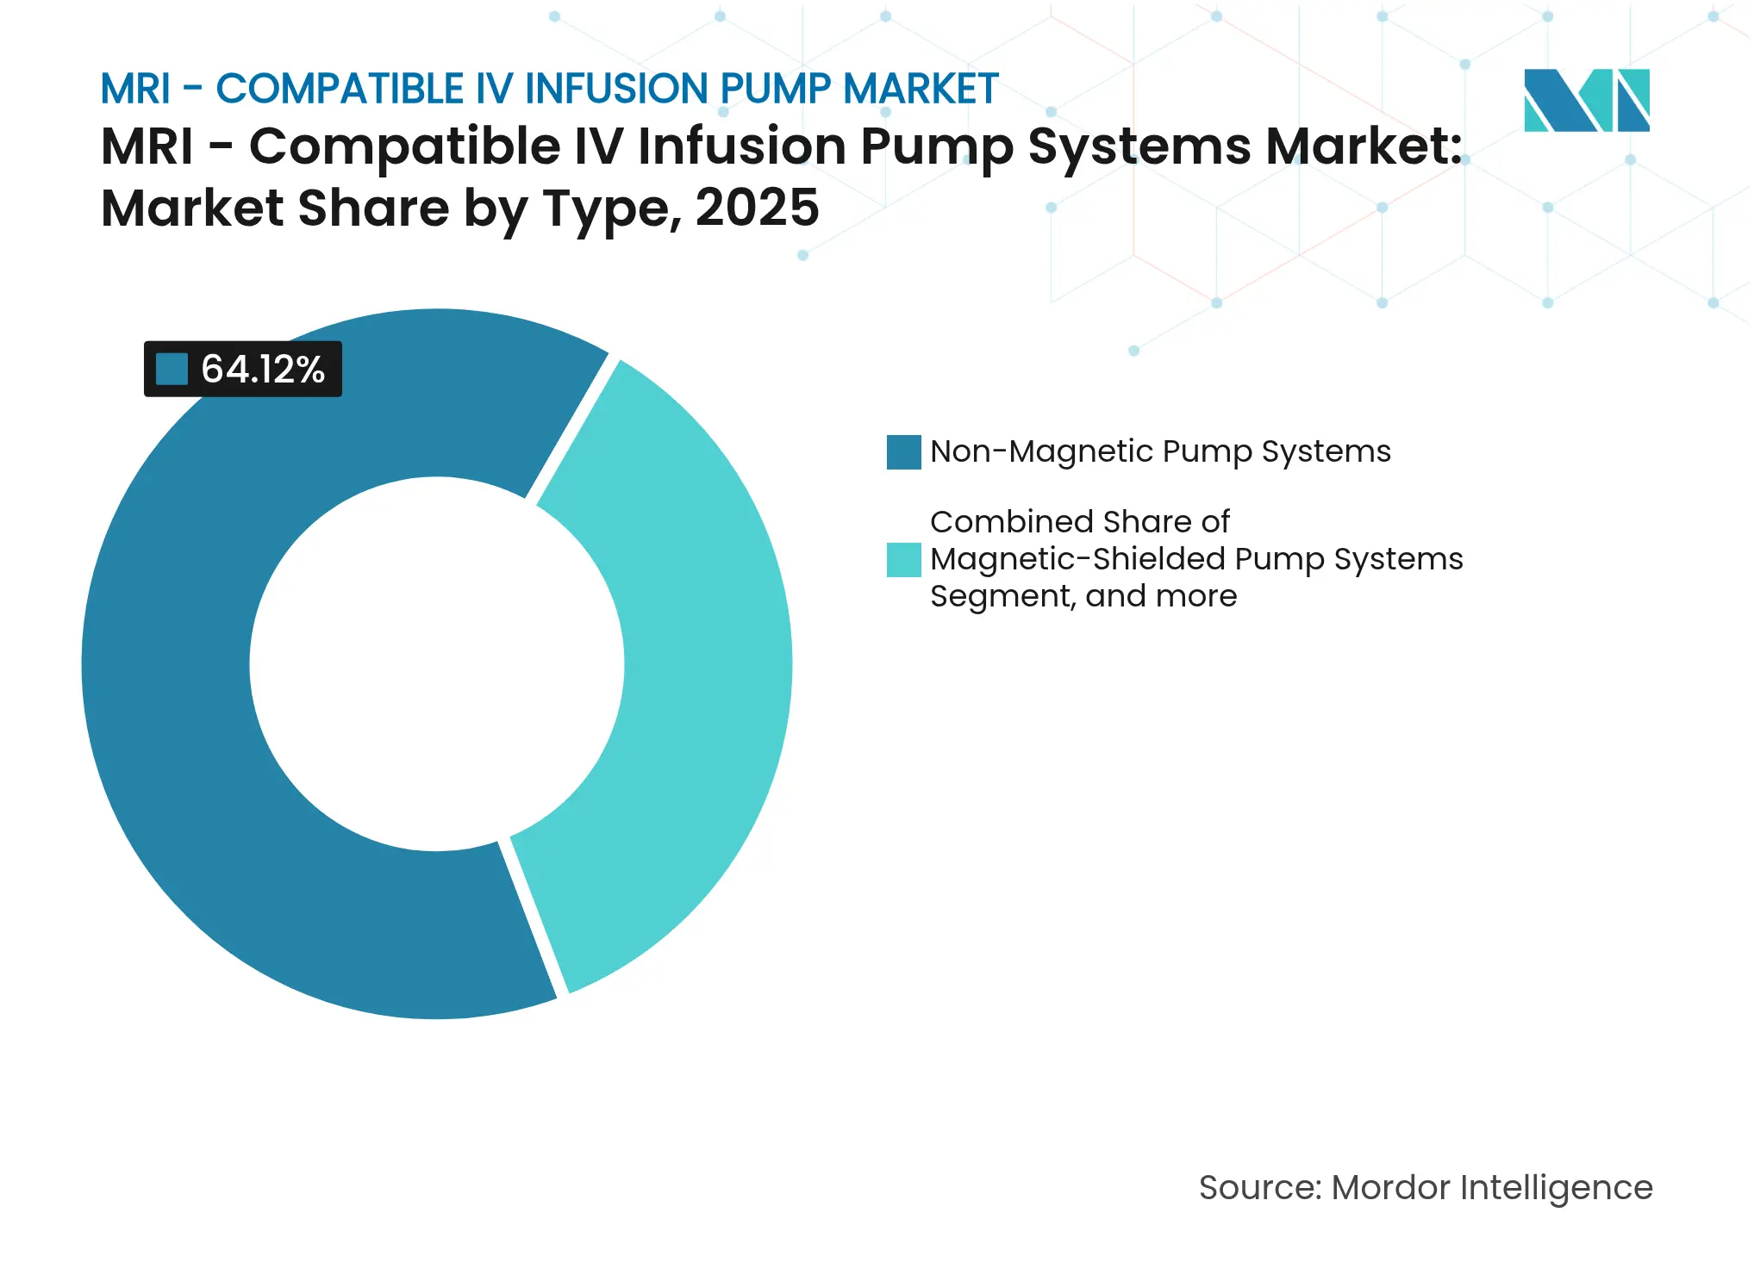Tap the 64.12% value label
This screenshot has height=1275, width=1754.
pos(262,370)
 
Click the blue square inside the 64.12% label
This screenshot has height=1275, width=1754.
pos(172,370)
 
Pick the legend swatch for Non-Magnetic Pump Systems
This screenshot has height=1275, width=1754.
pos(903,452)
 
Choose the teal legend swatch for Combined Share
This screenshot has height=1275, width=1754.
pos(903,560)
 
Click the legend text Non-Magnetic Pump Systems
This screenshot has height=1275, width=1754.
pos(1160,451)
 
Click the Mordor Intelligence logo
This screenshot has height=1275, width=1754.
pos(1586,100)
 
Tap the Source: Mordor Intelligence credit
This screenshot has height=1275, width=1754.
pos(1426,1188)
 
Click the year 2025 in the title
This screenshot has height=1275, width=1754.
pos(757,208)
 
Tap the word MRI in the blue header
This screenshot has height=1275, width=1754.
pos(135,89)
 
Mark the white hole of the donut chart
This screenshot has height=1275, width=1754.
pos(437,664)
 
